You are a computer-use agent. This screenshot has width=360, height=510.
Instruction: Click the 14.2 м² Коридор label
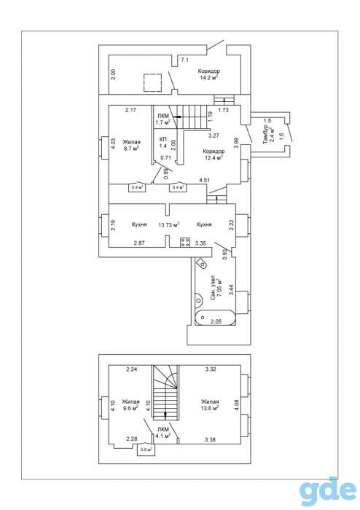[x=208, y=74]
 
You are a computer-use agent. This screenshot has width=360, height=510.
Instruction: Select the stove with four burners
[x=185, y=243]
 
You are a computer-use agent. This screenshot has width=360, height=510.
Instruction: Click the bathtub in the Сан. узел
[x=215, y=317]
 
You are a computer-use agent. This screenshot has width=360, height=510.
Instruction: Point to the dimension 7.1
[x=184, y=60]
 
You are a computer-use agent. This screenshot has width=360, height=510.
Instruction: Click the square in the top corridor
[x=152, y=82]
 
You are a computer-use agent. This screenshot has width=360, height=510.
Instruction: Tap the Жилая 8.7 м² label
[x=131, y=145]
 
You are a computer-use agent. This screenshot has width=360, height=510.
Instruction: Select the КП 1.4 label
[x=163, y=143]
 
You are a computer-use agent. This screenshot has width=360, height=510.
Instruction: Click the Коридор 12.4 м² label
[x=214, y=154]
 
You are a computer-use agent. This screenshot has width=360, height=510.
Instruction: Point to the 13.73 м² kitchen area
[x=169, y=224]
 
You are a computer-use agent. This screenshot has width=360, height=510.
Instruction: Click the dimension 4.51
[x=204, y=179]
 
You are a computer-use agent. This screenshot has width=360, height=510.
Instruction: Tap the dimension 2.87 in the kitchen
[x=139, y=243]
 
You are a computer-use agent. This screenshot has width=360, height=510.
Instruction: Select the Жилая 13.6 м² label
[x=210, y=404]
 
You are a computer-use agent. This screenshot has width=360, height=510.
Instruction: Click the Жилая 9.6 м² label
[x=130, y=404]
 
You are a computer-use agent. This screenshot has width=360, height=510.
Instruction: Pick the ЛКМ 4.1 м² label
[x=163, y=432]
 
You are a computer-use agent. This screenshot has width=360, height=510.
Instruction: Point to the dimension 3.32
[x=211, y=369]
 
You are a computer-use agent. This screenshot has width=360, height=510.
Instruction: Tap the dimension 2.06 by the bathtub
[x=216, y=321]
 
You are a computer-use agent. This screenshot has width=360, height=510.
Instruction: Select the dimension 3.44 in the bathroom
[x=231, y=289]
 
